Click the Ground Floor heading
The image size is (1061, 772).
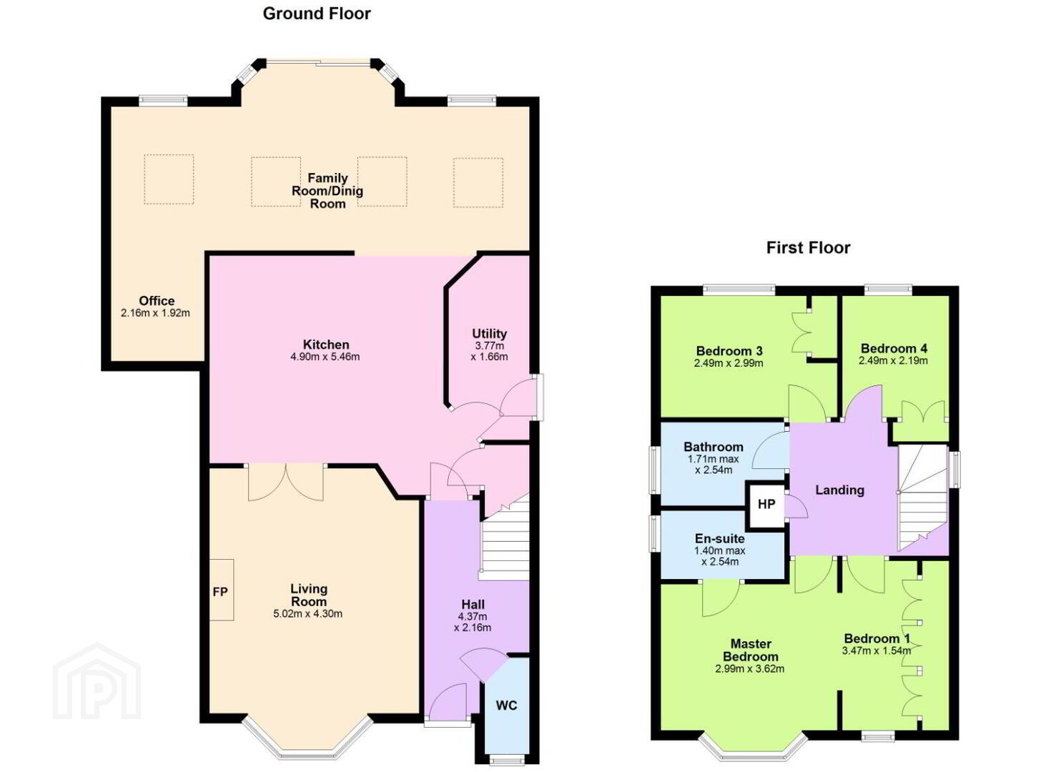coord(317,14)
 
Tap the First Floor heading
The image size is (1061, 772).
coord(808,248)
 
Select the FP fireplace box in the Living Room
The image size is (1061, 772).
coord(222,590)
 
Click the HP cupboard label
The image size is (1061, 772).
coord(766,504)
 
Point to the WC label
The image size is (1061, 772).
coord(506,706)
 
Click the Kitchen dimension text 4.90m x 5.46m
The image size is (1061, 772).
coord(325,357)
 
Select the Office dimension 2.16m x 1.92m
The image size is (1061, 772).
coord(155,313)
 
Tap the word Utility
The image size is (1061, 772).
coord(489,333)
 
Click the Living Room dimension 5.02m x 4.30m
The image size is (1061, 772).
coord(308,614)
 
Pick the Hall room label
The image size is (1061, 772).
coord(473,605)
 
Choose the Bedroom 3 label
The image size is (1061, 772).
coord(729,351)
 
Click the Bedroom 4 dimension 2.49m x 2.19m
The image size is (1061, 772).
coord(893,361)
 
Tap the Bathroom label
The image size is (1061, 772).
coord(714,447)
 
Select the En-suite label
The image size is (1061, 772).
coord(719,538)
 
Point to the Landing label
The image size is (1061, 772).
coord(840,490)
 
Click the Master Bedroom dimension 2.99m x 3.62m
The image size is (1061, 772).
coord(750,669)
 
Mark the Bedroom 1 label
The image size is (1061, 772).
coord(877,638)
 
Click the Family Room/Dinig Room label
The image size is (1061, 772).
coord(327,191)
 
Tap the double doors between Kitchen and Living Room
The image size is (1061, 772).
coord(286,482)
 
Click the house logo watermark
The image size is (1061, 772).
coord(97,681)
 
